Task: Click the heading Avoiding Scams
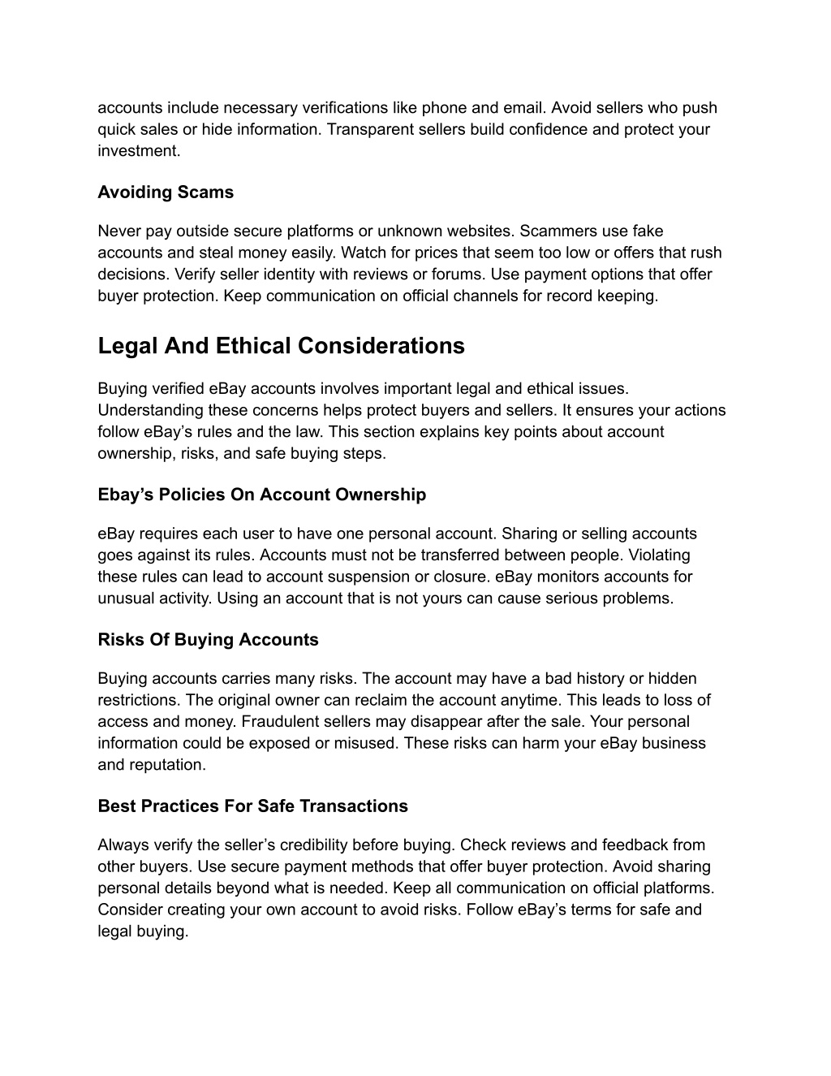coord(166,192)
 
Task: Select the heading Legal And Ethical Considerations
coord(281,346)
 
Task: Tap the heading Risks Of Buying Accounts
coord(208,640)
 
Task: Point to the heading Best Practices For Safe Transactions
coord(252,806)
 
